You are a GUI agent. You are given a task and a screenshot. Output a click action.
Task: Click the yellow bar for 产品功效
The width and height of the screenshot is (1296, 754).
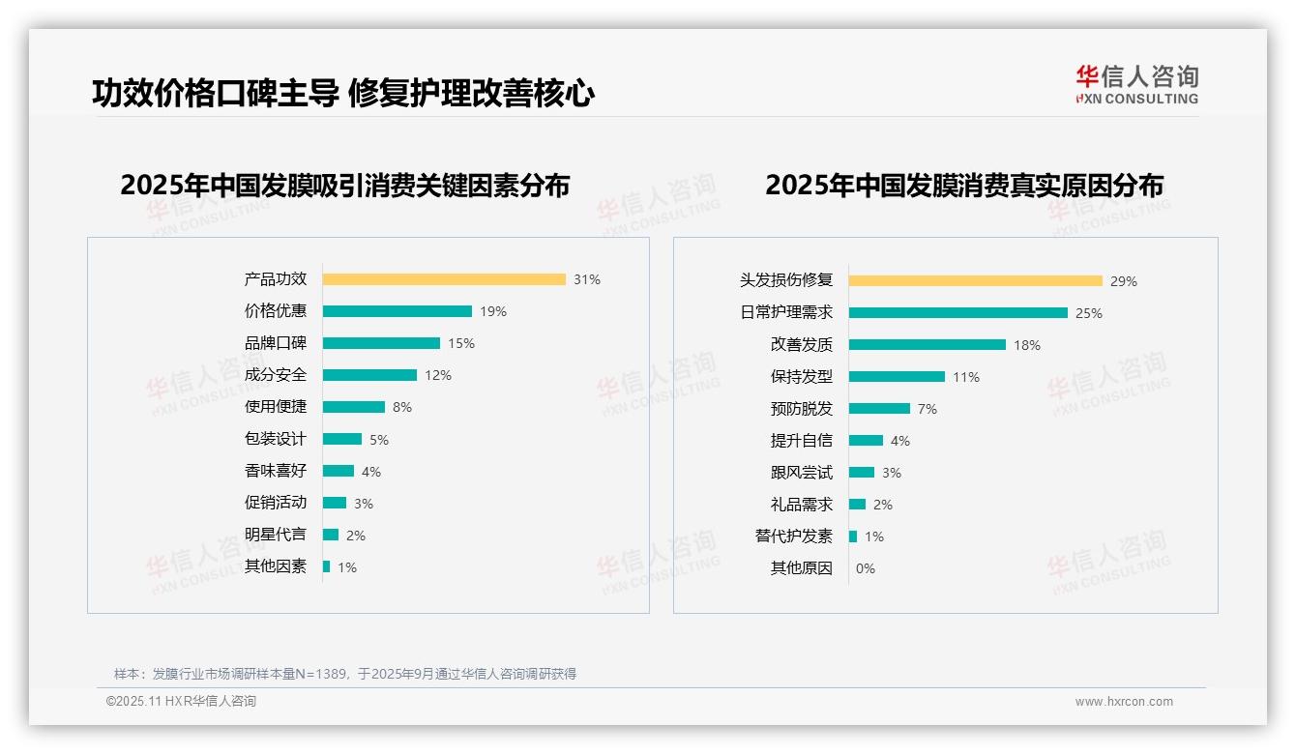[x=444, y=279]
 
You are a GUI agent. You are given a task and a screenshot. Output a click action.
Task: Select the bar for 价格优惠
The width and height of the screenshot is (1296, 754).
[x=398, y=311]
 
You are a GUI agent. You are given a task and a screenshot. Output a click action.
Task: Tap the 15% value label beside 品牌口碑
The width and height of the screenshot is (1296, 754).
[x=461, y=343]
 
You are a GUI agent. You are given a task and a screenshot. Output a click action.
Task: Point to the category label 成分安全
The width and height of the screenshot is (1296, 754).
[x=276, y=375]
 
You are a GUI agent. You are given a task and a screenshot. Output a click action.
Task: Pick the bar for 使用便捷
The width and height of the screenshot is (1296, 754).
[x=354, y=407]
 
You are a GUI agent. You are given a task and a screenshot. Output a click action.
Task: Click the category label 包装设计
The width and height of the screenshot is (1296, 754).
[x=276, y=439]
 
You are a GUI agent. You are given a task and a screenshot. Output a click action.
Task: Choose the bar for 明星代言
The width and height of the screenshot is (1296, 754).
[x=331, y=535]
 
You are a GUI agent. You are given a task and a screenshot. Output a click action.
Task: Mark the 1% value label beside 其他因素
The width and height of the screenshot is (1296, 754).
[x=347, y=567]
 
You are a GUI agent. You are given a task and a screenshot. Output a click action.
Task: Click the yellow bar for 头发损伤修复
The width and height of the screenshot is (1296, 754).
[x=976, y=281]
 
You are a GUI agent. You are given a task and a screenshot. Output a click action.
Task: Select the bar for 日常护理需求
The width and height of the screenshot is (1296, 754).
[x=958, y=313]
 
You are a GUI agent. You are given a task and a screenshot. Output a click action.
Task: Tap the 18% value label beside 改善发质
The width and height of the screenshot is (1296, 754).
[x=1027, y=345]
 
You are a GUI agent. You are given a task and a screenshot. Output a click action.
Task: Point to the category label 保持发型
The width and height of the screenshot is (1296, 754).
[x=802, y=377]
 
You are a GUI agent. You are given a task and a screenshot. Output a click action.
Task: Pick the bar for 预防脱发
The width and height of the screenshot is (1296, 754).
[x=880, y=409]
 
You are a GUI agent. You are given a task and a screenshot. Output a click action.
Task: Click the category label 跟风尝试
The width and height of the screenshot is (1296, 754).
[x=802, y=473]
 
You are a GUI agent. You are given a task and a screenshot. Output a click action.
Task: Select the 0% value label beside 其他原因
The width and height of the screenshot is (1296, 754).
[x=866, y=568]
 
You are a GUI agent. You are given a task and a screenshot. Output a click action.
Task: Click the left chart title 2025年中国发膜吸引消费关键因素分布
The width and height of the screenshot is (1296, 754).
[x=345, y=185]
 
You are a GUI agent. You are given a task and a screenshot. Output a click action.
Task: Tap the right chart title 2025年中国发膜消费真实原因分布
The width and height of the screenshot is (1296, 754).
[x=964, y=185]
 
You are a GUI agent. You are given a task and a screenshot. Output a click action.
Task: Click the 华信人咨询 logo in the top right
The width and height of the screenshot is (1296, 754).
[x=1136, y=84]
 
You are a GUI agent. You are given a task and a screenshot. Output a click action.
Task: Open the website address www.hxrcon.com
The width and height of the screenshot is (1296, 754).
[x=1124, y=702]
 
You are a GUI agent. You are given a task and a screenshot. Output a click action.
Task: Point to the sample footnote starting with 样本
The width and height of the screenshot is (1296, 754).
[x=345, y=674]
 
